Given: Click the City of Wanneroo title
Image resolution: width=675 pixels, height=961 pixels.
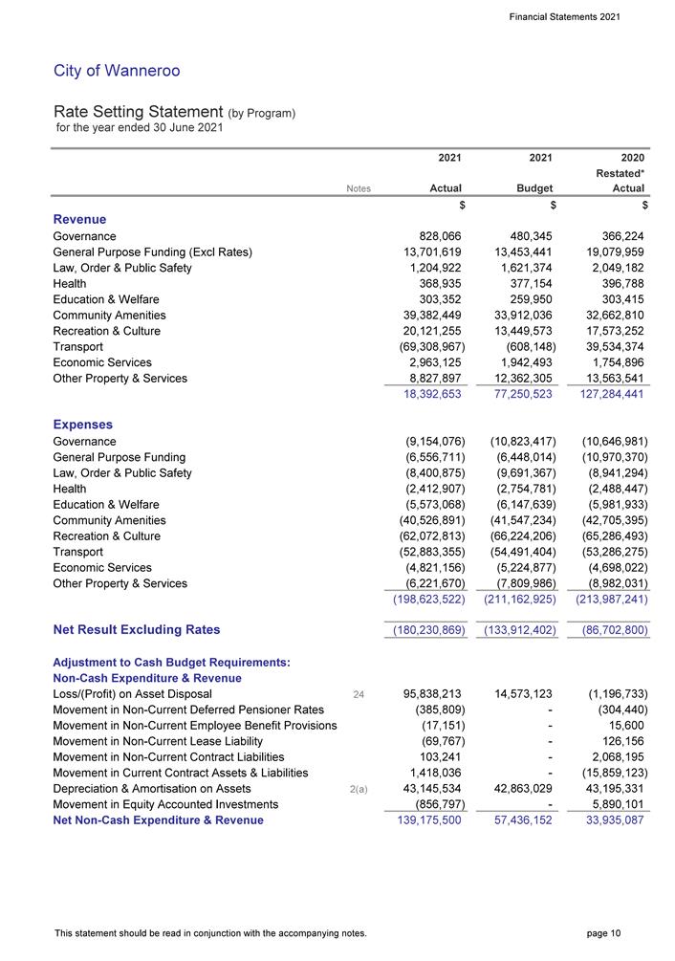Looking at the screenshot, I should [x=117, y=71].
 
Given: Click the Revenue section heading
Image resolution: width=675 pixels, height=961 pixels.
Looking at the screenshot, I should [x=79, y=220].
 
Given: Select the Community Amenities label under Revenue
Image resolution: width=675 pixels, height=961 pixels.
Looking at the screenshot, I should [x=109, y=316].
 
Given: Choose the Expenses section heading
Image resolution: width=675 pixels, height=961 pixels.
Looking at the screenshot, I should [x=83, y=425].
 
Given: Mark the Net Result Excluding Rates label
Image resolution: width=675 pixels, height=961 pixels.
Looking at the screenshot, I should [x=137, y=629].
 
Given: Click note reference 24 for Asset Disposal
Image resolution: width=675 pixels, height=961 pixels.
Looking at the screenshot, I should [x=359, y=694].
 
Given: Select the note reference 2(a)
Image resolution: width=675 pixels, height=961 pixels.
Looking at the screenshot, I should [x=359, y=789].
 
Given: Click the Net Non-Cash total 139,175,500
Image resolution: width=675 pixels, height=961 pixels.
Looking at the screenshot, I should [x=425, y=820].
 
